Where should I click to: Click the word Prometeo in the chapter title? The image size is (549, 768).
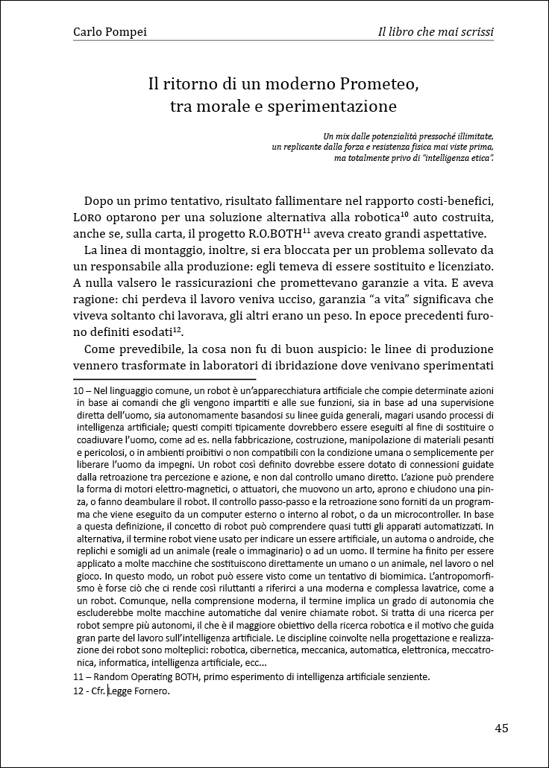tap(379, 83)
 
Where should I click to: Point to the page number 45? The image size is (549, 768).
tap(501, 728)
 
